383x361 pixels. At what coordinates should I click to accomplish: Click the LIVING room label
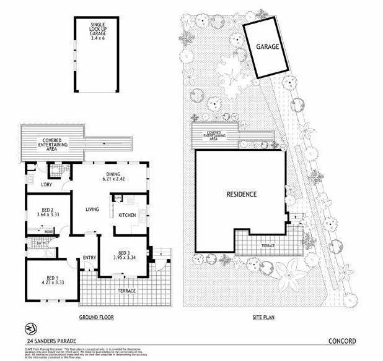tap(92, 210)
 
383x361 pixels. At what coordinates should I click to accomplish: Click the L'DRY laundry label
tap(45, 185)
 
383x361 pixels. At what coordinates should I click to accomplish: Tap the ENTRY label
tap(90, 258)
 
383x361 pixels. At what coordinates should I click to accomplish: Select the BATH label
tap(41, 243)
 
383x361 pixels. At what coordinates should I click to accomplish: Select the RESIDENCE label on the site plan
tap(241, 193)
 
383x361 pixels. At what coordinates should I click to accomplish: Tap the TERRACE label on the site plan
tap(267, 245)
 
